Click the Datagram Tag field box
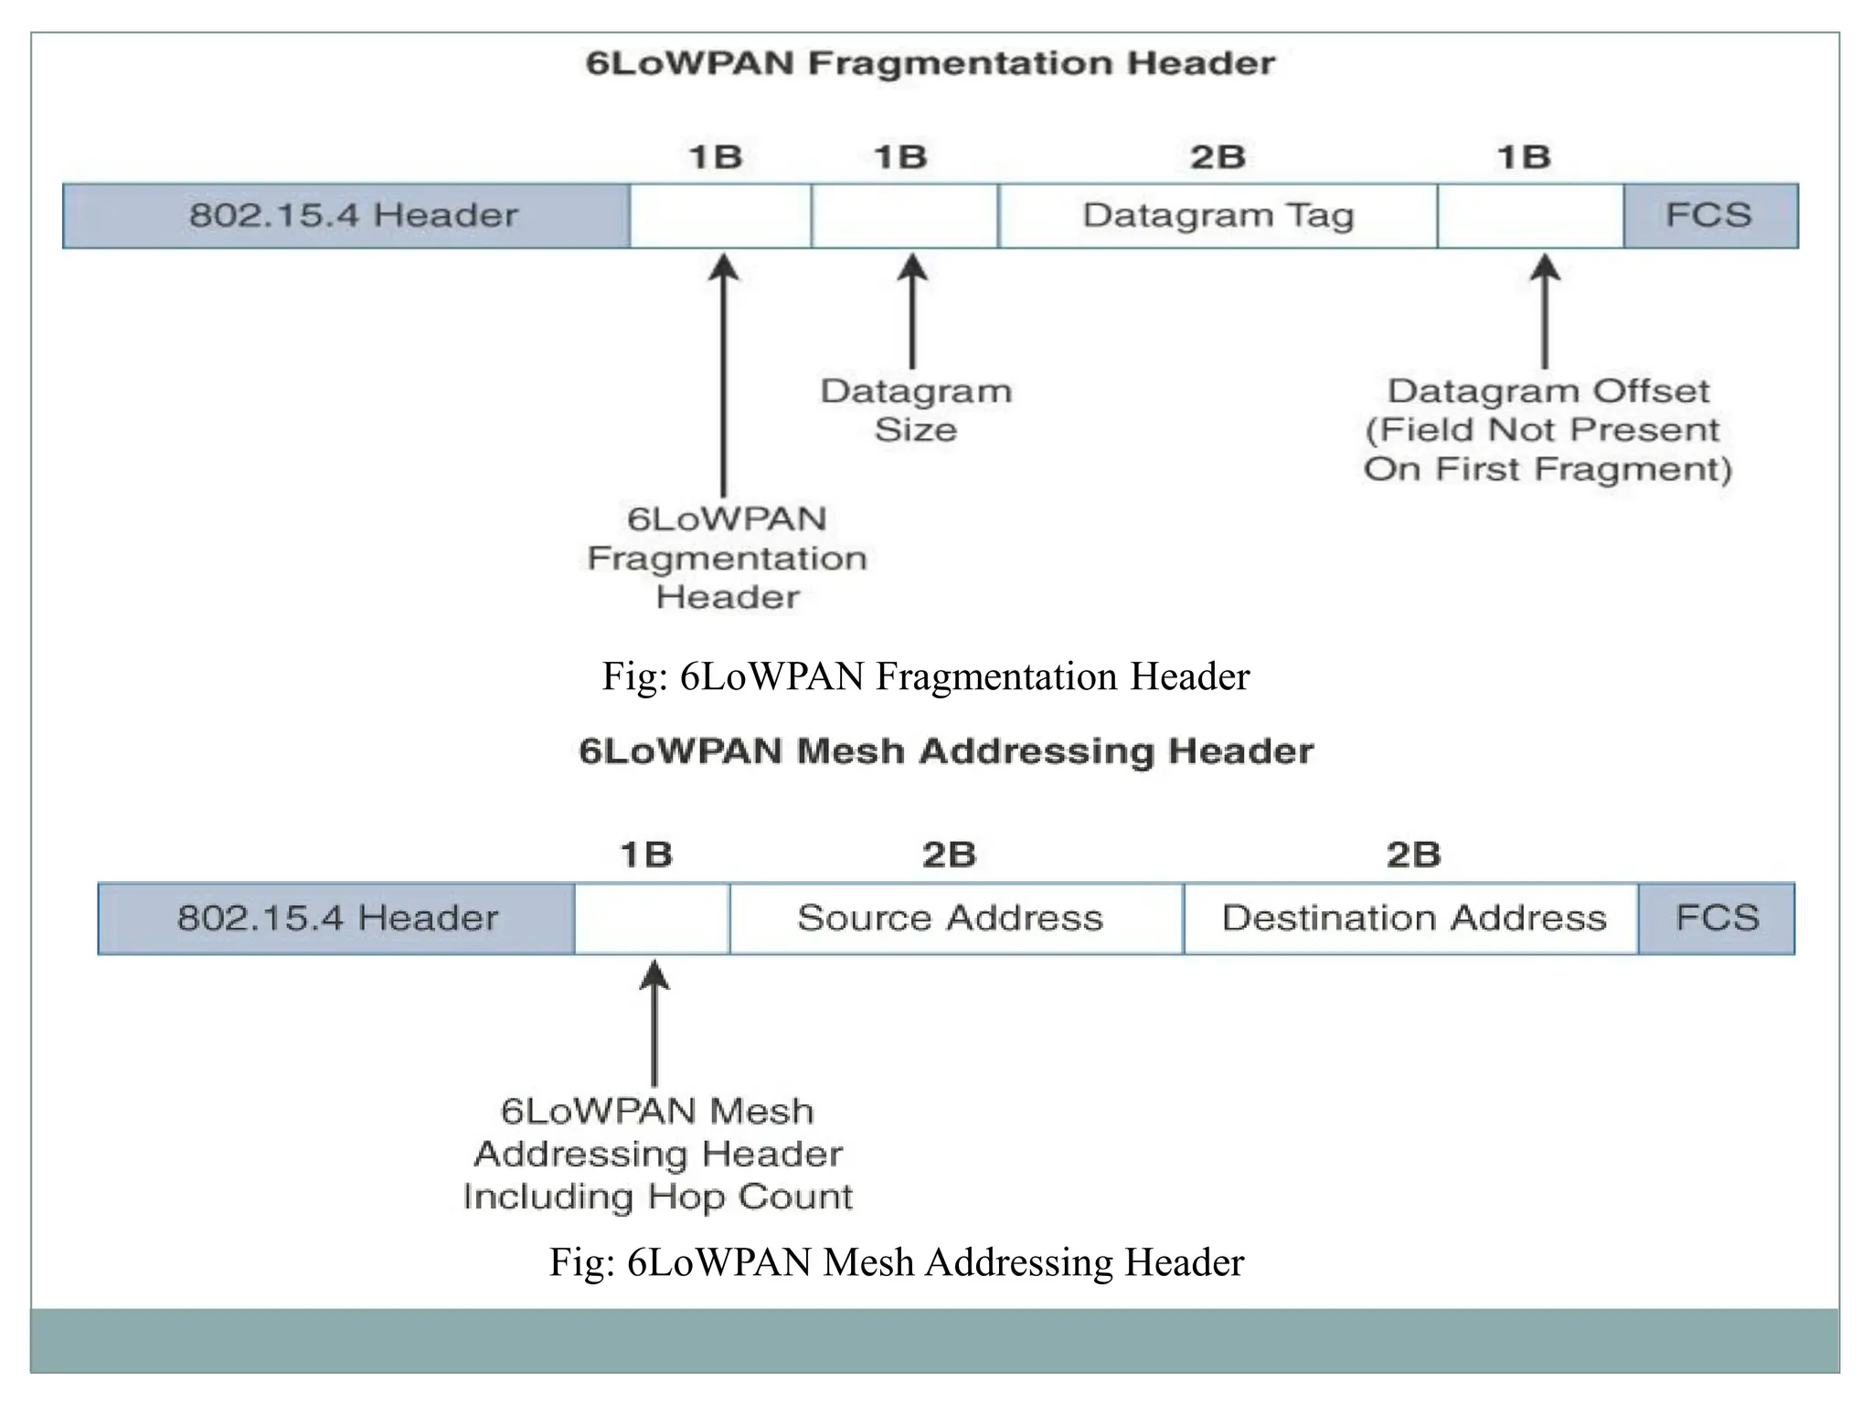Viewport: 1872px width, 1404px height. [x=1218, y=216]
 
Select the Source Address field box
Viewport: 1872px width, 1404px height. [x=955, y=918]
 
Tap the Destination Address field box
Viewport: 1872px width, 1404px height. [x=1411, y=918]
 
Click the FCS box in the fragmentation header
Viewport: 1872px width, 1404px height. [x=1709, y=216]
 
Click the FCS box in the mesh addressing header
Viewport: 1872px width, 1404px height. [x=1716, y=918]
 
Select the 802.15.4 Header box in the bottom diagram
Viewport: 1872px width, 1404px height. [x=336, y=918]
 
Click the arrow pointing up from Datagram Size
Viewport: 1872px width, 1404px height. [x=911, y=311]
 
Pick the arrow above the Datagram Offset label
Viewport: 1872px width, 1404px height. [x=1545, y=311]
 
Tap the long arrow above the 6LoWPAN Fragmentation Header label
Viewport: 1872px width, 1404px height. [x=724, y=375]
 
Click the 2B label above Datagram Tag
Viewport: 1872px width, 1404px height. [x=1218, y=157]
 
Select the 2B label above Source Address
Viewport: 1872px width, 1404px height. [x=949, y=855]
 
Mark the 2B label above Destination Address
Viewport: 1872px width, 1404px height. [x=1413, y=855]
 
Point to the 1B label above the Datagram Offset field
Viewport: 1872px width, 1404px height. [x=1524, y=157]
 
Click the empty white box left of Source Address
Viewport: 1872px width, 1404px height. [x=652, y=918]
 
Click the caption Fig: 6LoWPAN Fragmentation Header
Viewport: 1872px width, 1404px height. [x=925, y=677]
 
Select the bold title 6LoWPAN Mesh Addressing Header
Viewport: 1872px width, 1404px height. [x=946, y=751]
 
